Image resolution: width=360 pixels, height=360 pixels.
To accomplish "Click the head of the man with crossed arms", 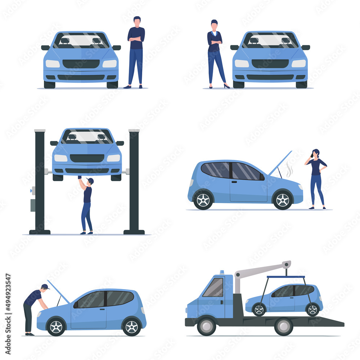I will (137, 21).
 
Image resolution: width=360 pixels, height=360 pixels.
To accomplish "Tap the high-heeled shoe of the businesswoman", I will (226, 86).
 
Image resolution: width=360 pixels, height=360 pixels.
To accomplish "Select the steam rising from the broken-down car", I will (289, 169).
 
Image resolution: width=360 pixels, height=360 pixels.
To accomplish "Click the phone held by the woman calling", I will (312, 156).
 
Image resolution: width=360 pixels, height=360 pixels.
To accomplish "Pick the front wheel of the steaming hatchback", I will (283, 200).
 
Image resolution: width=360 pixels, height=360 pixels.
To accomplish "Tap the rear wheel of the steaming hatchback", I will (203, 200).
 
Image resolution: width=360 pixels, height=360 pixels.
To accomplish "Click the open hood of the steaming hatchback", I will (280, 163).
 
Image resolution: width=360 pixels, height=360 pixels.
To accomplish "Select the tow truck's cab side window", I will (213, 288).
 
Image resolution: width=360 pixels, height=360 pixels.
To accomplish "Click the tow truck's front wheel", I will (206, 326).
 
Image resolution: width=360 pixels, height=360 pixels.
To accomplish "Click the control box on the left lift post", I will (33, 205).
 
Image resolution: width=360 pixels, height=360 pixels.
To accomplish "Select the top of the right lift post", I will (134, 131).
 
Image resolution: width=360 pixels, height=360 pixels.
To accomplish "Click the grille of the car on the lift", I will (87, 158).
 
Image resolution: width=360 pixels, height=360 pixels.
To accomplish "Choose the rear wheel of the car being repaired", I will (131, 327).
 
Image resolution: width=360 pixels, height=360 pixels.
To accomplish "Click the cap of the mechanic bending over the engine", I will (45, 287).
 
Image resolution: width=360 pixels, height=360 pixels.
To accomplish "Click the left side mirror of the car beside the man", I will (45, 48).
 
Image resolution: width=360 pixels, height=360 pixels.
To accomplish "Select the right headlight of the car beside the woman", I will (298, 63).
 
